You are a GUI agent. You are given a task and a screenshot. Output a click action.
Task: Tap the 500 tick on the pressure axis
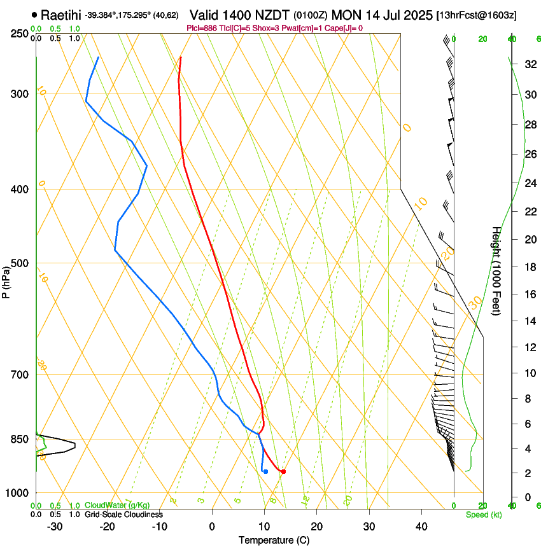(20, 263)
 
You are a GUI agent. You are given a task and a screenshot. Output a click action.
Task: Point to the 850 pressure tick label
(20, 440)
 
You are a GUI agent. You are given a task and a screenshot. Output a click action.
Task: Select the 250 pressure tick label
(20, 33)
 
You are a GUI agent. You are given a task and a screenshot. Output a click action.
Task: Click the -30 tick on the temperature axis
(55, 526)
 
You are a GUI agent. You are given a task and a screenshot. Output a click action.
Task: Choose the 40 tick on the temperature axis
(421, 526)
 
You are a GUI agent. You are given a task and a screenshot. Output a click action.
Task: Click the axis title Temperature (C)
(274, 540)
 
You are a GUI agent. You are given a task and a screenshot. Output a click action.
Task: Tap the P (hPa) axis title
(6, 280)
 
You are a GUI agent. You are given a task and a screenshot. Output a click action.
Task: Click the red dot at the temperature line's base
(283, 471)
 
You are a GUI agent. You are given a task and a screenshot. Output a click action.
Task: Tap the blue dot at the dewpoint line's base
(265, 471)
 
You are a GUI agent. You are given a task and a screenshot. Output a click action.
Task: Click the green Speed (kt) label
(483, 515)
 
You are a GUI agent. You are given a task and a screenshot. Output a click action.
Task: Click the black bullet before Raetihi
(34, 14)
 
